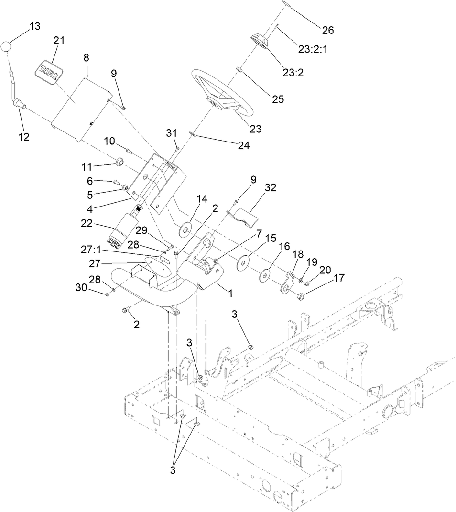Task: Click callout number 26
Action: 327,30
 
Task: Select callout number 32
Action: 271,188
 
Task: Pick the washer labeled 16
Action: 263,275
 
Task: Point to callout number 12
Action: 23,137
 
